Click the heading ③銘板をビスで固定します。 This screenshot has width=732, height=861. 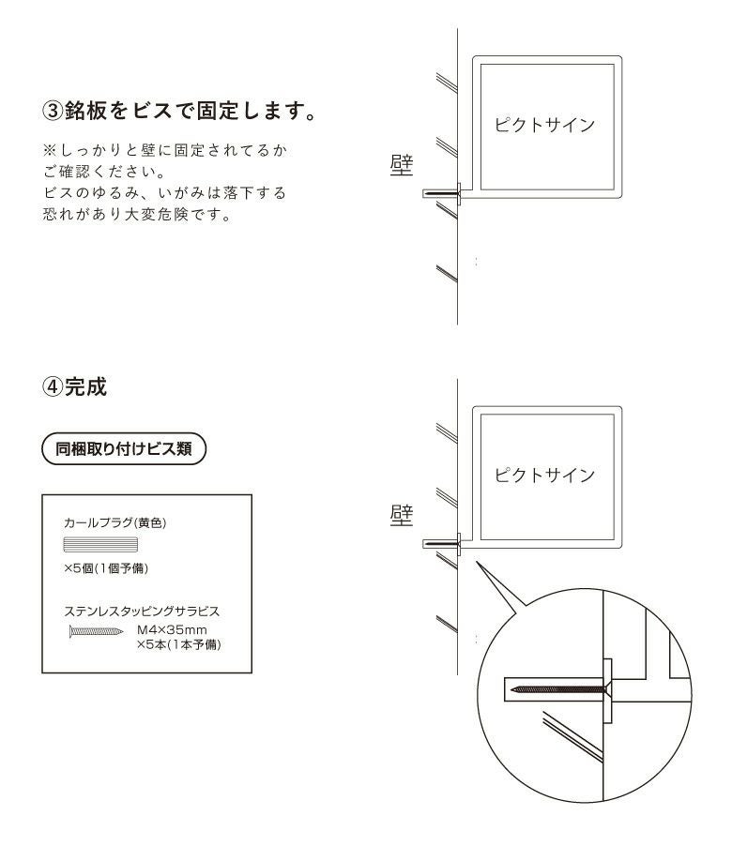(177, 112)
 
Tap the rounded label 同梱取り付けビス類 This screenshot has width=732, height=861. (125, 448)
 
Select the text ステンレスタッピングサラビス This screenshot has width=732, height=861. (141, 612)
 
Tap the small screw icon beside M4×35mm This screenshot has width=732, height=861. (97, 631)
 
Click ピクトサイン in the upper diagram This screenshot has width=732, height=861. (545, 126)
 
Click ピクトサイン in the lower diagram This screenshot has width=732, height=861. (545, 475)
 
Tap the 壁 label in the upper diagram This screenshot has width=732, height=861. (402, 163)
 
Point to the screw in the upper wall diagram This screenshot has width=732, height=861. (443, 193)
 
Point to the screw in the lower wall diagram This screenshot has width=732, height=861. (443, 542)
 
